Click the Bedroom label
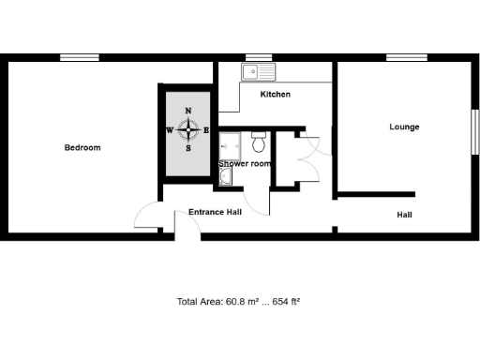[x=82, y=147]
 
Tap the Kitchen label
[x=275, y=95]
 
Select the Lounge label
[x=404, y=127]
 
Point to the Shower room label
[x=245, y=164]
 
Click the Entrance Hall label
[x=216, y=212]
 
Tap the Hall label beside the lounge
[x=404, y=215]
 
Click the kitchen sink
[x=256, y=71]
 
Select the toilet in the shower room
[x=261, y=142]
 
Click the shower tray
[x=230, y=144]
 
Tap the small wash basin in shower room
[x=225, y=174]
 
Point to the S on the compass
[x=188, y=148]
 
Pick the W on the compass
[x=170, y=130]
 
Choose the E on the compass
[x=206, y=130]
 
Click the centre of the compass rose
[x=188, y=130]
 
